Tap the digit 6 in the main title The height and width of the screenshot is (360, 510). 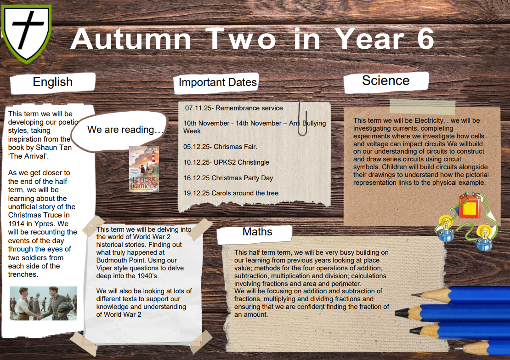(x=425, y=39)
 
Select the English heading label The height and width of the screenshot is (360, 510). (x=53, y=82)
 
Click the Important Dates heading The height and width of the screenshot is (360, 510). (x=218, y=82)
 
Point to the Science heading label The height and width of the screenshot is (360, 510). (x=386, y=80)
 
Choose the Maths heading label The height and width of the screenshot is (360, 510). (x=257, y=232)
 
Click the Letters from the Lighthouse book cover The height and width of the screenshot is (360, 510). (x=144, y=169)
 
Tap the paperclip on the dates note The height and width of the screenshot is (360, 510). (x=303, y=119)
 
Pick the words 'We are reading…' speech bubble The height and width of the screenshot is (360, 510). (x=125, y=130)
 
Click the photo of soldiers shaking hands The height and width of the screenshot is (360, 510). (x=43, y=303)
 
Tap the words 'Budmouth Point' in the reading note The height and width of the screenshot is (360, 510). (x=136, y=260)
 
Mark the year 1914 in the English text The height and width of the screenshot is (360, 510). (x=16, y=223)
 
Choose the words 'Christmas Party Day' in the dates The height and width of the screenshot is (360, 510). (x=242, y=178)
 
